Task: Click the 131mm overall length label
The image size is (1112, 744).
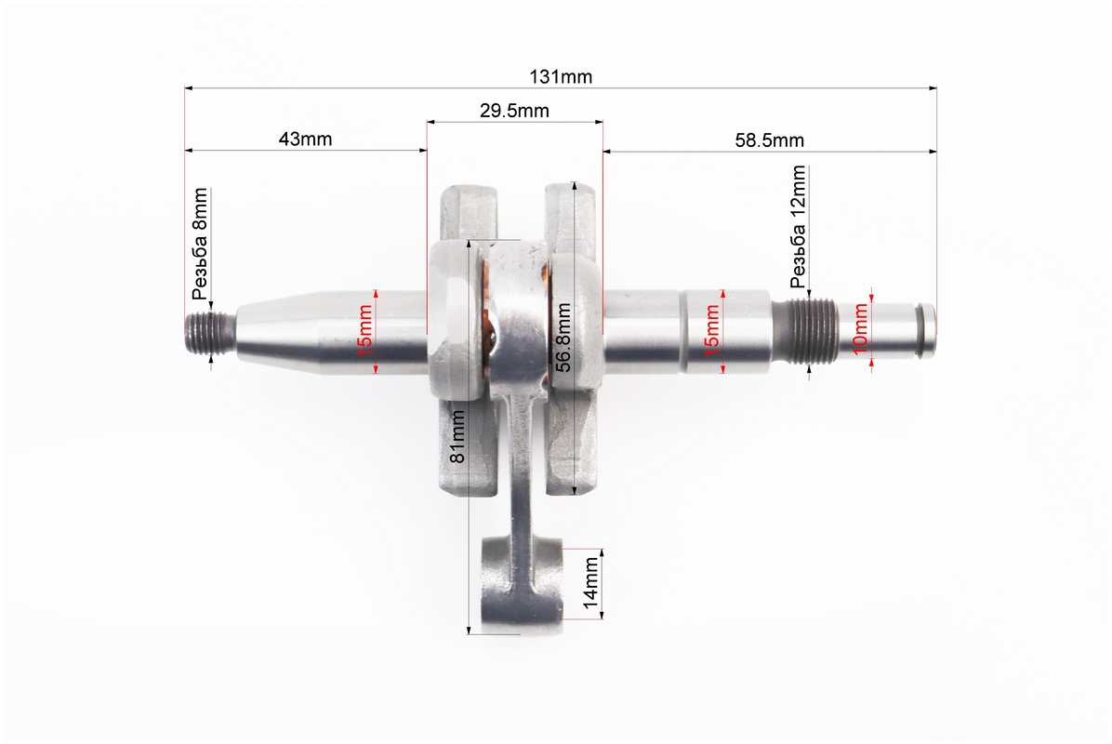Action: pos(561,76)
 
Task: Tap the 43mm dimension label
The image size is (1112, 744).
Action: pos(305,139)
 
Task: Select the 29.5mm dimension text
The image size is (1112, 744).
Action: pos(514,111)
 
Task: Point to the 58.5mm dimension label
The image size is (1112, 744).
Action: pos(770,139)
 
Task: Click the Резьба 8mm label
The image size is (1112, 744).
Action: pos(200,244)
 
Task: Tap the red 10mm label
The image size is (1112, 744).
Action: pos(859,328)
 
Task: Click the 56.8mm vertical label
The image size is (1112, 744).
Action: pos(563,338)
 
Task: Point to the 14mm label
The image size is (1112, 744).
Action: pos(590,584)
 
